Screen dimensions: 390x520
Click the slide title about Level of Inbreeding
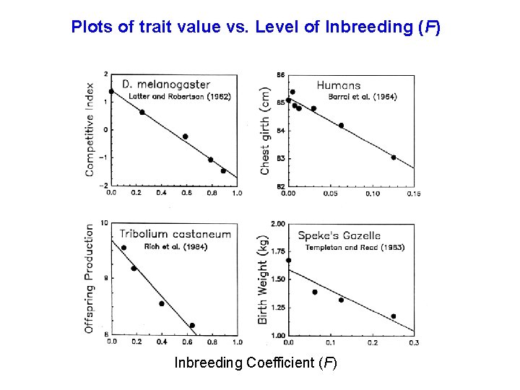(256, 28)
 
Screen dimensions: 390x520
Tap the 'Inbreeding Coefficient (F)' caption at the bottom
(256, 363)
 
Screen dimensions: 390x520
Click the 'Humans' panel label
(338, 85)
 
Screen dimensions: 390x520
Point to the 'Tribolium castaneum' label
(175, 233)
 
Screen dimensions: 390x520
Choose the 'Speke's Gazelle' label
(339, 235)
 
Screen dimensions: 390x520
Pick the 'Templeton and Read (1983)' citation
(355, 247)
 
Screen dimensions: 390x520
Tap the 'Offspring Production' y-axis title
(90, 277)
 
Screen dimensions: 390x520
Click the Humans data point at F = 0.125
(394, 157)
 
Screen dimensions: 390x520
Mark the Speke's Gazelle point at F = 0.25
(394, 316)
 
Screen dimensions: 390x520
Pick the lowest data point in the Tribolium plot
(192, 326)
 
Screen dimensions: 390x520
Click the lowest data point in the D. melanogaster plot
(224, 171)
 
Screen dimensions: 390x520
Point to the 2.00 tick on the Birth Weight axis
(278, 224)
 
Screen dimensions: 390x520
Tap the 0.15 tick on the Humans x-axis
(414, 194)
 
